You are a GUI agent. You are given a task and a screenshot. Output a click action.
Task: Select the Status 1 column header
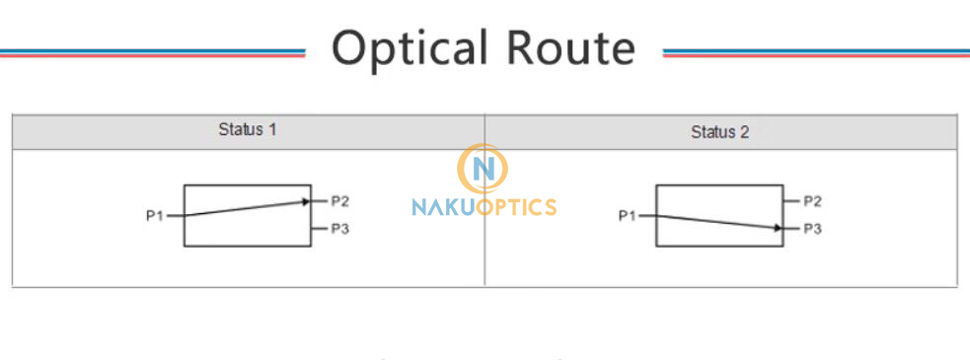pyautogui.click(x=247, y=130)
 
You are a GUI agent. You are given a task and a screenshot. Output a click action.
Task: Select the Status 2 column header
pyautogui.click(x=719, y=131)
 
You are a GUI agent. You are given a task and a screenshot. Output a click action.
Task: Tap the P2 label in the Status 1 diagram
pyautogui.click(x=339, y=201)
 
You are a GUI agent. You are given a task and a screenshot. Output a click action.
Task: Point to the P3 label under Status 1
pyautogui.click(x=339, y=229)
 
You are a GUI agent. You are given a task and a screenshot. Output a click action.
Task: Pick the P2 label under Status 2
pyautogui.click(x=812, y=201)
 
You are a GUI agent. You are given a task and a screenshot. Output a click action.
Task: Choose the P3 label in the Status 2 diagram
pyautogui.click(x=812, y=229)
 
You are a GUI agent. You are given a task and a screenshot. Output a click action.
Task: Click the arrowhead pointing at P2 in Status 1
pyautogui.click(x=306, y=201)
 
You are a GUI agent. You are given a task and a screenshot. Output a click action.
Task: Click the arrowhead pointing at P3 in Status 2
pyautogui.click(x=779, y=228)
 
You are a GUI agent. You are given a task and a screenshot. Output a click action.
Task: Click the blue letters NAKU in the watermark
pyautogui.click(x=444, y=207)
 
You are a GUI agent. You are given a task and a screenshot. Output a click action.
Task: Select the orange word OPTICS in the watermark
pyautogui.click(x=518, y=207)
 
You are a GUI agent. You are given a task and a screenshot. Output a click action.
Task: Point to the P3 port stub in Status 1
pyautogui.click(x=318, y=229)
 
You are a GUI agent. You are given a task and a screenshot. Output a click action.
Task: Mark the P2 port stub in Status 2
pyautogui.click(x=790, y=201)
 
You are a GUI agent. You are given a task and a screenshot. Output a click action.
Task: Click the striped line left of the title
pyautogui.click(x=153, y=52)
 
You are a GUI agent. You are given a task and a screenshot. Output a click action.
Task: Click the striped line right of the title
pyautogui.click(x=816, y=52)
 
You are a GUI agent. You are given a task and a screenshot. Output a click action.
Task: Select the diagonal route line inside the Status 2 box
pyautogui.click(x=715, y=221)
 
